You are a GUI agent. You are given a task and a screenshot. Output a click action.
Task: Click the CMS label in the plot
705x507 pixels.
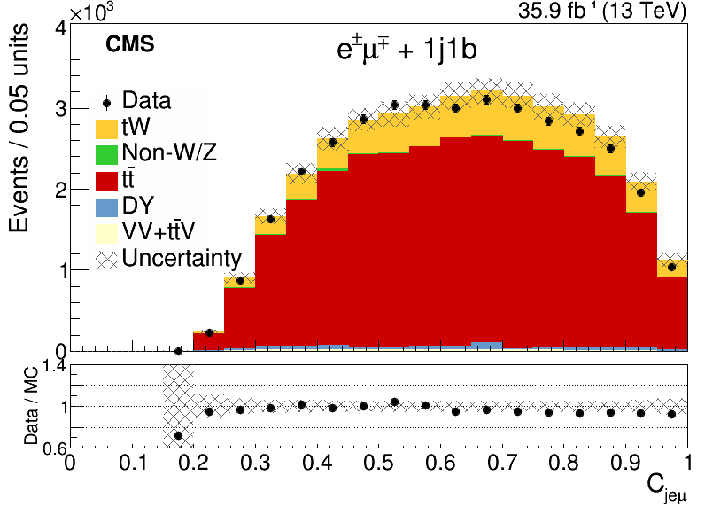[130, 44]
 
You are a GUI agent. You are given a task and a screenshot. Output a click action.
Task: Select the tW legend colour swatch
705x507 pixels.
[106, 128]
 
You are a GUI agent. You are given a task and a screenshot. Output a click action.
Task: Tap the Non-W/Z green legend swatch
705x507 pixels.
[106, 154]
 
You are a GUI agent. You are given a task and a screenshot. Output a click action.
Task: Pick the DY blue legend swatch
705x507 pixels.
[106, 207]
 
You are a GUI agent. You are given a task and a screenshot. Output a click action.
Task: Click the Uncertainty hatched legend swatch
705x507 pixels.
[106, 260]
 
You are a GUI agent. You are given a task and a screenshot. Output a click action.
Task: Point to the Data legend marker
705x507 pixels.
[106, 103]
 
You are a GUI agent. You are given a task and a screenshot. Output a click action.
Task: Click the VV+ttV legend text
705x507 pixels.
[159, 231]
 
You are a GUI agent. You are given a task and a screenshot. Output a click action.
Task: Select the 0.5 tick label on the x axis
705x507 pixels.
[378, 463]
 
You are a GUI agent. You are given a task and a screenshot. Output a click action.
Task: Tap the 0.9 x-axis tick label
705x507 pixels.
[626, 463]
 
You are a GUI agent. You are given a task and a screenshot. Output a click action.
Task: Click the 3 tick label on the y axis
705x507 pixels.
[61, 109]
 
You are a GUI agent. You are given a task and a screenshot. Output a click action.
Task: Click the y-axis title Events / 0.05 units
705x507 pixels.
[19, 129]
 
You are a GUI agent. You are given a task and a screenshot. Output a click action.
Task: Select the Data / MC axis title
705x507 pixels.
[31, 407]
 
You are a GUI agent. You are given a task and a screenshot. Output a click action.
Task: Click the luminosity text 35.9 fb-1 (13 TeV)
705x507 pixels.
[602, 11]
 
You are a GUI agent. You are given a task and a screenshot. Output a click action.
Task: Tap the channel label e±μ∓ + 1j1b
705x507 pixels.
[407, 49]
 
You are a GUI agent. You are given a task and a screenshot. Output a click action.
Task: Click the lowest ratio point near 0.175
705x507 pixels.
[178, 435]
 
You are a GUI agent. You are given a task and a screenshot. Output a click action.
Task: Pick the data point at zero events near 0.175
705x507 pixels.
[178, 351]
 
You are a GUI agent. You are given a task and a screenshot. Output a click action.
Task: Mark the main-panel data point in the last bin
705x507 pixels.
[671, 267]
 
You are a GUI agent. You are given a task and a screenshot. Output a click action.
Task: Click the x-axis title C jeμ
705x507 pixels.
[667, 489]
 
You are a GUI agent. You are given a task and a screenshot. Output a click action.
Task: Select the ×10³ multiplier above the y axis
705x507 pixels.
[93, 12]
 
